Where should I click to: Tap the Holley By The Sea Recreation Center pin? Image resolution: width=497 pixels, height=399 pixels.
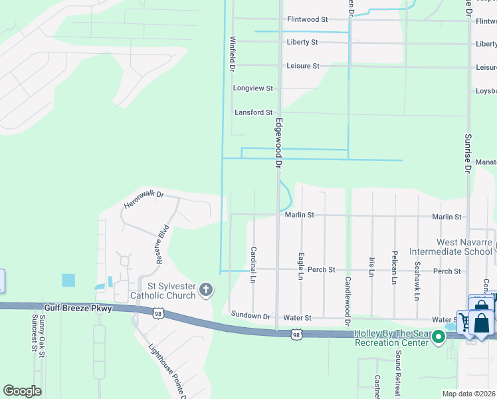(x=438, y=337)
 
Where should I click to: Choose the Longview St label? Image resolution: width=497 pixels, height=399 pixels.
(x=252, y=88)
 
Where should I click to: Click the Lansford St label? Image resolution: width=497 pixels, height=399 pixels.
(x=253, y=112)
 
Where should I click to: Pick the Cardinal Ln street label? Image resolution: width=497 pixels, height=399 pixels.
(x=253, y=265)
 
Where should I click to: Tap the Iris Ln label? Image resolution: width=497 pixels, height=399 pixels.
(x=372, y=267)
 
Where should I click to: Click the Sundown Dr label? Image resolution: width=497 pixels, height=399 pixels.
(x=250, y=315)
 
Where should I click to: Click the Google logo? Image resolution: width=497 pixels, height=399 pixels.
(x=22, y=391)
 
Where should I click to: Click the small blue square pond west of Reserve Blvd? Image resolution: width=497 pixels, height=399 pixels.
(x=68, y=280)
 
